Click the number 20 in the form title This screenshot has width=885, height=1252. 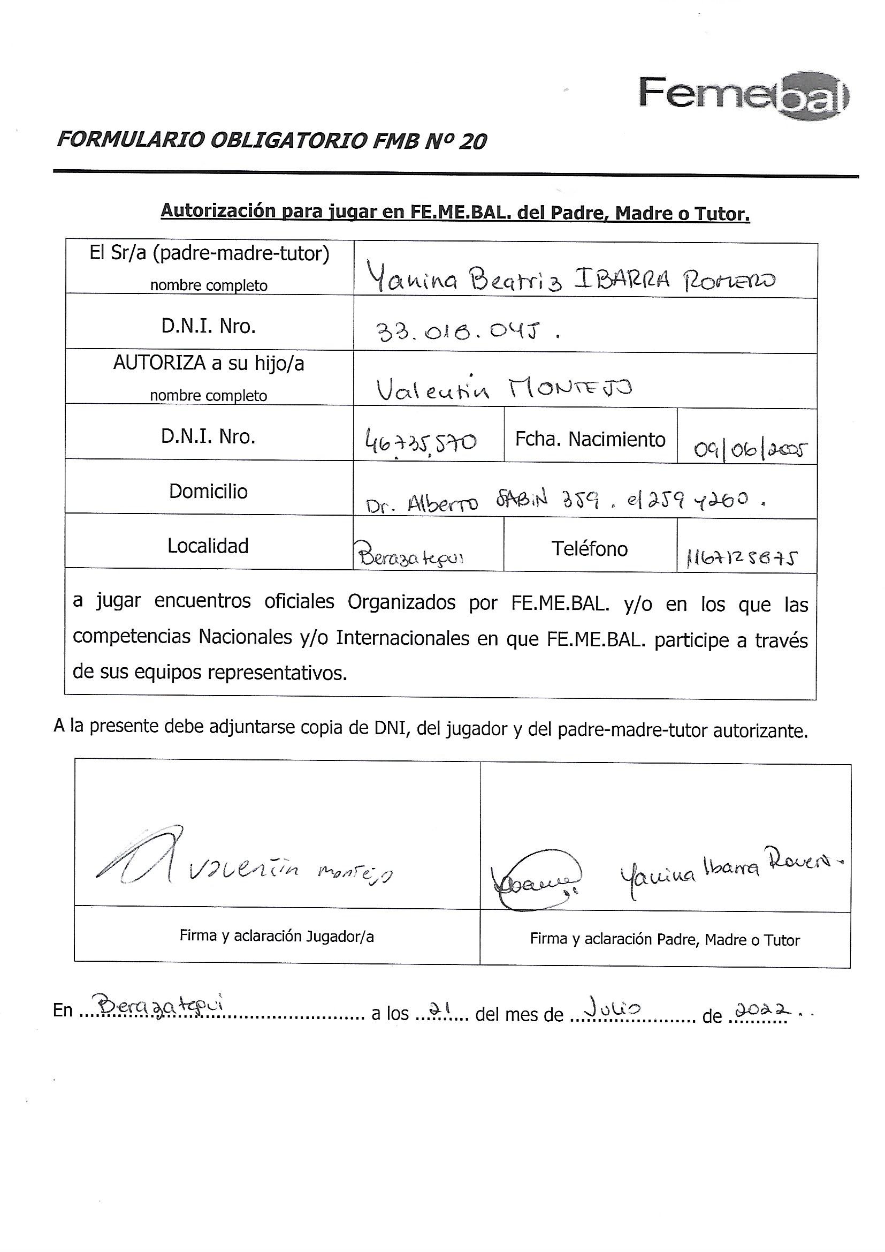click(472, 142)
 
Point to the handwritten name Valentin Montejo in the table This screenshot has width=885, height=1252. click(504, 389)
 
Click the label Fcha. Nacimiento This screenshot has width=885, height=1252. click(590, 439)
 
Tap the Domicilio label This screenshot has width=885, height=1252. click(208, 491)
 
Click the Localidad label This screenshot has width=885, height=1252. click(208, 546)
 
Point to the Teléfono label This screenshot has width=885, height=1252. click(590, 548)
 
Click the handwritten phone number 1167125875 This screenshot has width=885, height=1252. click(742, 558)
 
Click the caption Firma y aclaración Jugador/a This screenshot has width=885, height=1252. click(276, 936)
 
